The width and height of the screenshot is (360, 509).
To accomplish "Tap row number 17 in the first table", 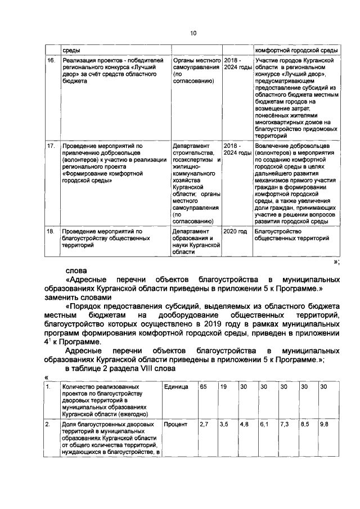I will tap(50, 146).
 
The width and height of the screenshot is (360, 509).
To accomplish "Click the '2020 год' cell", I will tap(235, 231).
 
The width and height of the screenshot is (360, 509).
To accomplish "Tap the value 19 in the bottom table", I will tap(223, 388).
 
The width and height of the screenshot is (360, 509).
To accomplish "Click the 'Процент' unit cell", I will tap(175, 424).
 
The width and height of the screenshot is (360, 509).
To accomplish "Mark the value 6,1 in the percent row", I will tap(264, 424).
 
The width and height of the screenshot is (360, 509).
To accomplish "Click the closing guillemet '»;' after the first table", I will tap(336, 262).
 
